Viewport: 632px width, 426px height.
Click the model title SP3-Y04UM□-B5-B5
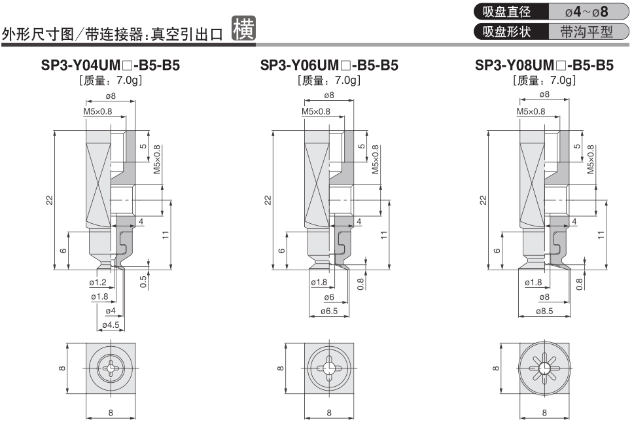click(111, 66)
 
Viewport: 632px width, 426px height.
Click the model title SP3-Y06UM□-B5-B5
click(329, 66)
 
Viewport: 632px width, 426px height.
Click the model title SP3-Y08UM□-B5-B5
click(544, 66)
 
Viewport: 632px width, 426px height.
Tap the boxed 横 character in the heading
click(245, 29)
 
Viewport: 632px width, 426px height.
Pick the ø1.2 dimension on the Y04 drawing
click(97, 282)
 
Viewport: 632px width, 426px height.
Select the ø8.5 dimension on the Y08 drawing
click(544, 311)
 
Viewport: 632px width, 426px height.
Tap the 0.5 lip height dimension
click(143, 281)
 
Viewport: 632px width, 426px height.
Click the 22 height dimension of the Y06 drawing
click(268, 200)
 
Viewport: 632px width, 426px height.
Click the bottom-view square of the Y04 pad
click(110, 368)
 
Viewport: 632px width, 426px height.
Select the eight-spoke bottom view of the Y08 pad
click(544, 368)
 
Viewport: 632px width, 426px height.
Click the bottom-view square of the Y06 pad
click(328, 368)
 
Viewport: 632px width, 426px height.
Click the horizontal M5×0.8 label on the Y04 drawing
click(97, 111)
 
